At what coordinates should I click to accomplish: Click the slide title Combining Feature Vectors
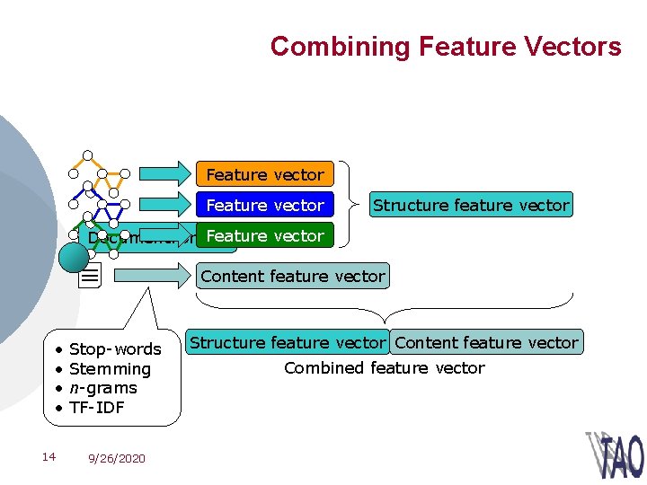click(446, 46)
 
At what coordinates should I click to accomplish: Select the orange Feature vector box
click(264, 174)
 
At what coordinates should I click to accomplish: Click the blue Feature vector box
click(264, 205)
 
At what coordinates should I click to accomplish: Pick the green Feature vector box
click(264, 235)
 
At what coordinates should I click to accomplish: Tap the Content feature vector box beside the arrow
click(293, 276)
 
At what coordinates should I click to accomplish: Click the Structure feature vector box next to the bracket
click(471, 205)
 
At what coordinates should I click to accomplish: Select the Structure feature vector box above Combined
click(287, 342)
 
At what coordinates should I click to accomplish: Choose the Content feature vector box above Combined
click(486, 342)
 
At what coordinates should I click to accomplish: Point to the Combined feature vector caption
click(384, 367)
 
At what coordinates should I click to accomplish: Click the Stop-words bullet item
click(114, 349)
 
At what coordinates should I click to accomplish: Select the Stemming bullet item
click(110, 369)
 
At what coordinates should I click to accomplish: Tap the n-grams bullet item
click(102, 388)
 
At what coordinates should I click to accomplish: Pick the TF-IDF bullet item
click(96, 408)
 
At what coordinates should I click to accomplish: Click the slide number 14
click(49, 457)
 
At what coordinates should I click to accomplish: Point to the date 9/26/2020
click(116, 458)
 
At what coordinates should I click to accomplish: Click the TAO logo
click(616, 455)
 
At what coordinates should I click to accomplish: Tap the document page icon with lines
click(90, 277)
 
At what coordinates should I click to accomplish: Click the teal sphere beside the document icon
click(74, 258)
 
